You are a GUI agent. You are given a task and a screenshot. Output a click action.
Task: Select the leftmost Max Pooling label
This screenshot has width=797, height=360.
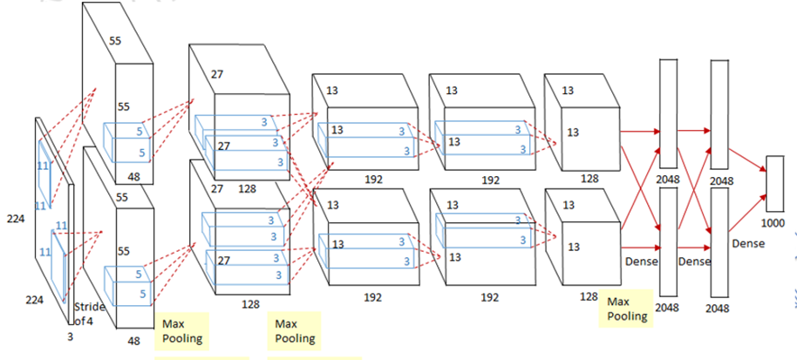coord(184,330)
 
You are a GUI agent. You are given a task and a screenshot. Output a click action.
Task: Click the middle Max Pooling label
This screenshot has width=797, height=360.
coord(296,330)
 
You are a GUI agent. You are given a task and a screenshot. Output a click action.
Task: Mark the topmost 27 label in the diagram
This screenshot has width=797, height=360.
coord(216,75)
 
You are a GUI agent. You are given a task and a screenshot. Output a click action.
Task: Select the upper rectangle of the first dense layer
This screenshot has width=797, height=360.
coord(668,109)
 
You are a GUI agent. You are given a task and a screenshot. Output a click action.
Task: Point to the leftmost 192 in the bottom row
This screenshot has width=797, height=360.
coord(372,297)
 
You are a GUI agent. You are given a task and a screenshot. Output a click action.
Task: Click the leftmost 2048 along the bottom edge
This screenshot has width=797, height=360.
coord(668,308)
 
